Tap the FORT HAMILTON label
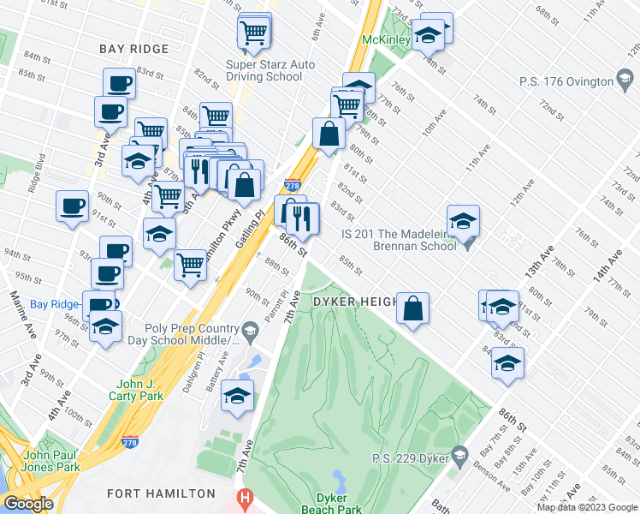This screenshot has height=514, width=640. coord(162,493)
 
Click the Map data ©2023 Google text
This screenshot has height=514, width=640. coord(586,507)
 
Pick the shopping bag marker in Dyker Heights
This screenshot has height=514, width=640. coord(412,309)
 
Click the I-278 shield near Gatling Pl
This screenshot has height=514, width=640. coord(292,185)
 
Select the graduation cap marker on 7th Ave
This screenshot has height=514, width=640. coord(237,396)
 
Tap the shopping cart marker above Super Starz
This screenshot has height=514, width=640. coord(254,33)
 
